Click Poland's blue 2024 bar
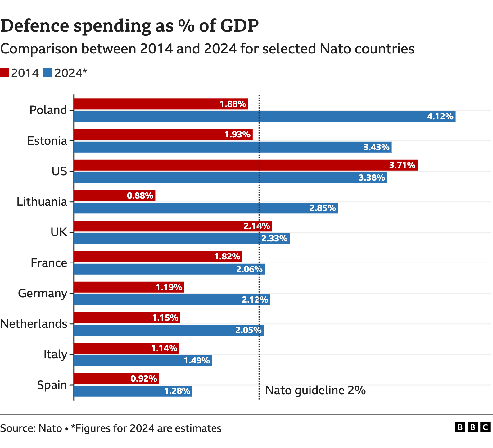(264, 117)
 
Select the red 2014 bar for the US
(245, 165)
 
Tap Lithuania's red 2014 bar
(114, 196)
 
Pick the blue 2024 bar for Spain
(133, 391)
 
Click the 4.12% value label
(440, 117)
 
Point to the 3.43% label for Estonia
(376, 147)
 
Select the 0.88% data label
(140, 196)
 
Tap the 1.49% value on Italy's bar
(197, 360)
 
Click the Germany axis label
(43, 293)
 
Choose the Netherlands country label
(34, 324)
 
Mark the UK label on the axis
(59, 232)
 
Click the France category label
(49, 263)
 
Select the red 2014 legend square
(4, 73)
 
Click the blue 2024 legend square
(48, 73)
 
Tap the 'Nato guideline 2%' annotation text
(315, 390)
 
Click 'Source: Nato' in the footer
(31, 428)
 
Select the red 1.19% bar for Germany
(129, 287)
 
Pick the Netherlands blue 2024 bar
(169, 330)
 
